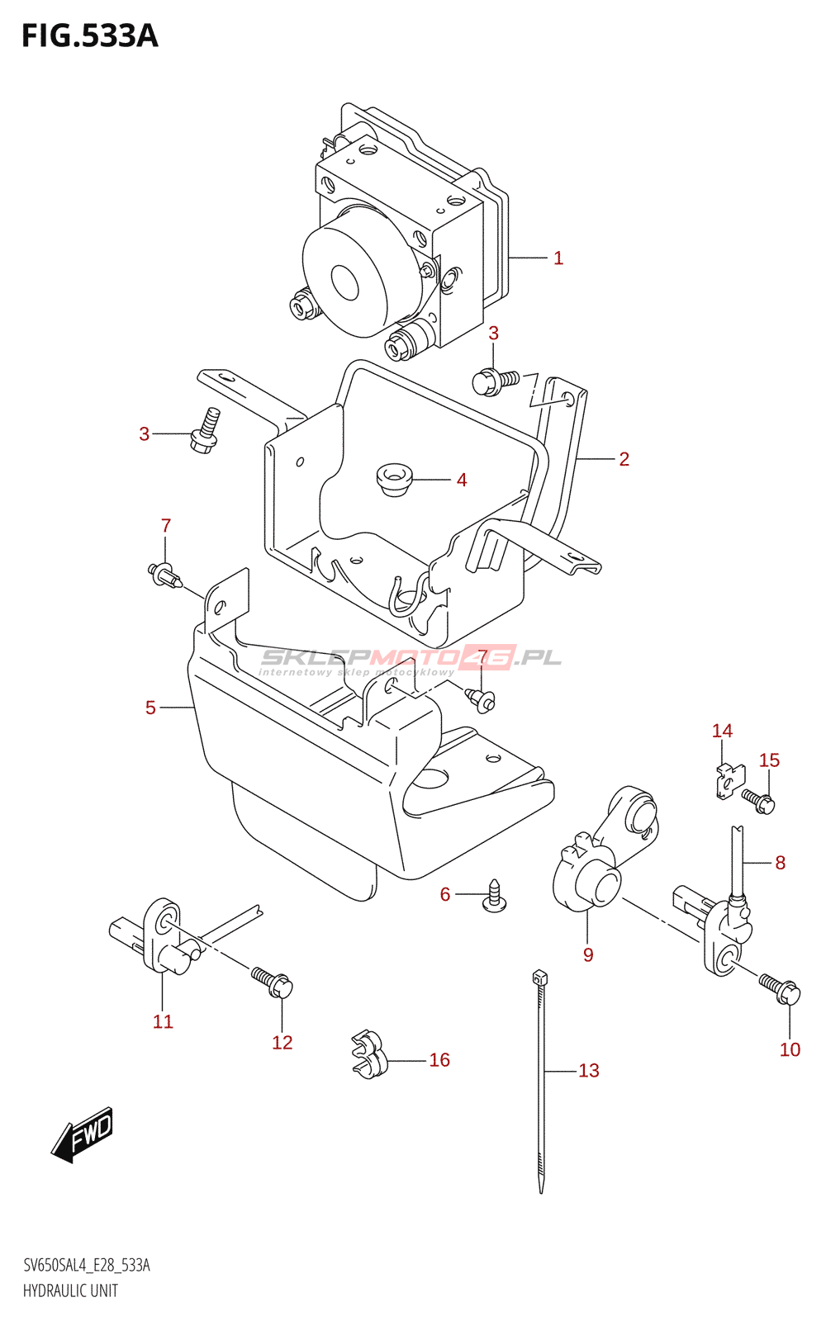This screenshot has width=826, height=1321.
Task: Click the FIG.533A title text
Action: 89,36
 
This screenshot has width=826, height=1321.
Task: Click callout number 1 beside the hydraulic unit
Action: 558,258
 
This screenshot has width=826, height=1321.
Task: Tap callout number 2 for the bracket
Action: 624,459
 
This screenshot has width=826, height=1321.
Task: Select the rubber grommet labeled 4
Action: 394,480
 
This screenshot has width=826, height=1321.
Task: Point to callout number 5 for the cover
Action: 150,708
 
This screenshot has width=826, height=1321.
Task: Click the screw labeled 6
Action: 494,897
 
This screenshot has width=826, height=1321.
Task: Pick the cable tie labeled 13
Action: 541,1082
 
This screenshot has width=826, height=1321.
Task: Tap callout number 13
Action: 589,1071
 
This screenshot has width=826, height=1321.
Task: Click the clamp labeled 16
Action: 368,1054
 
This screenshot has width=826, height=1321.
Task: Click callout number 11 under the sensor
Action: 163,1022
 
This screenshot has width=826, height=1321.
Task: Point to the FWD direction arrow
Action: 82,1134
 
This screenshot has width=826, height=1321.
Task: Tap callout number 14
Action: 722,731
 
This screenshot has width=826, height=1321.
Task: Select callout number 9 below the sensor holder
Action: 588,955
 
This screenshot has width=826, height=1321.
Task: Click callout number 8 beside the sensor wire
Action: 780,863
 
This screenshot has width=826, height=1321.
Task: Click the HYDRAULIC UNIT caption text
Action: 70,1290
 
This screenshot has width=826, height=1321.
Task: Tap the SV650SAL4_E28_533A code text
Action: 87,1266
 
